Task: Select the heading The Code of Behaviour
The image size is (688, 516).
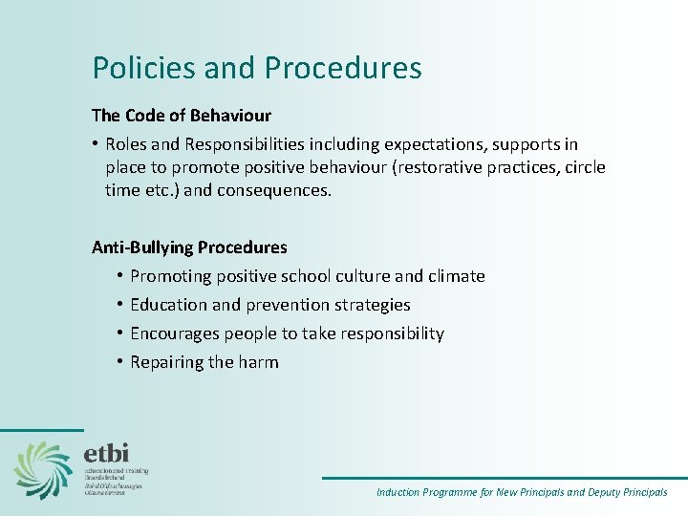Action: pos(182,116)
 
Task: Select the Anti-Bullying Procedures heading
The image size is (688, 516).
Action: pos(189,247)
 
